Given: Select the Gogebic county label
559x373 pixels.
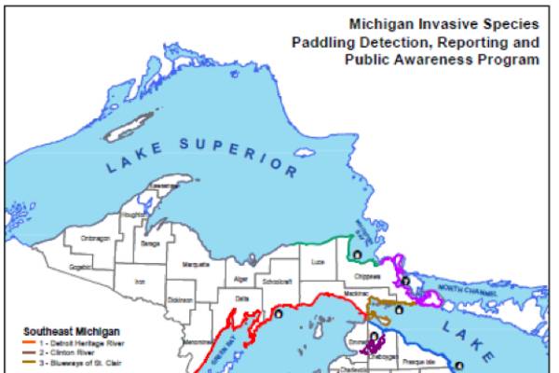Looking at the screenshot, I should (x=81, y=267).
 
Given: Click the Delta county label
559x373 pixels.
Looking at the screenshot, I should (x=242, y=298).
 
